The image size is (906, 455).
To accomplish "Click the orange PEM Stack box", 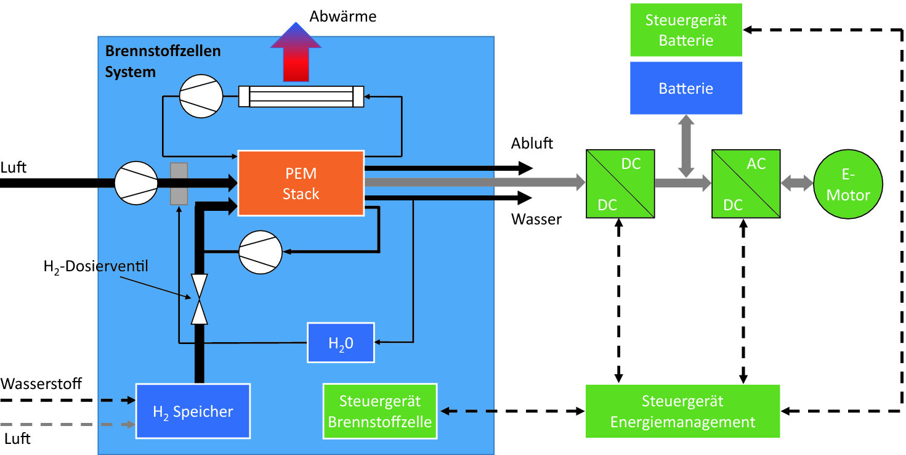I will (301, 183).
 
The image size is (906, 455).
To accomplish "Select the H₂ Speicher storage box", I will (193, 411).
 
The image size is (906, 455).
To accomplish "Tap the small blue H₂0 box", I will (341, 342).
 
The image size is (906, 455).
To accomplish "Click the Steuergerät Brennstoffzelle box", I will (380, 411).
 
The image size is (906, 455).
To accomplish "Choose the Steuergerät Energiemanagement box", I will (682, 411).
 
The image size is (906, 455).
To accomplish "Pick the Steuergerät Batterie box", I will (686, 30).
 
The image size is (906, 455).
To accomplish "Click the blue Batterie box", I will (686, 88).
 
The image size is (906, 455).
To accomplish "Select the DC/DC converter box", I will (619, 183).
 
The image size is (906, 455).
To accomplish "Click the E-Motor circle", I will (848, 184).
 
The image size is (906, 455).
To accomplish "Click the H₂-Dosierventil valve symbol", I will (199, 299).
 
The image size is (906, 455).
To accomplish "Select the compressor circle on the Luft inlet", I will (135, 183).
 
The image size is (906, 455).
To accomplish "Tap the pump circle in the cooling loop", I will (200, 96).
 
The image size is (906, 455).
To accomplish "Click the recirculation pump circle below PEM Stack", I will (261, 252).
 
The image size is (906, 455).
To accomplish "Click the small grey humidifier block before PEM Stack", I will (179, 183).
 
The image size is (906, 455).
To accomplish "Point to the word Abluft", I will (532, 144).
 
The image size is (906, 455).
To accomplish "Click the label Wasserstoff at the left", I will (41, 383).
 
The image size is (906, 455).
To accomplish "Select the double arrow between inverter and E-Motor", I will (797, 183).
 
